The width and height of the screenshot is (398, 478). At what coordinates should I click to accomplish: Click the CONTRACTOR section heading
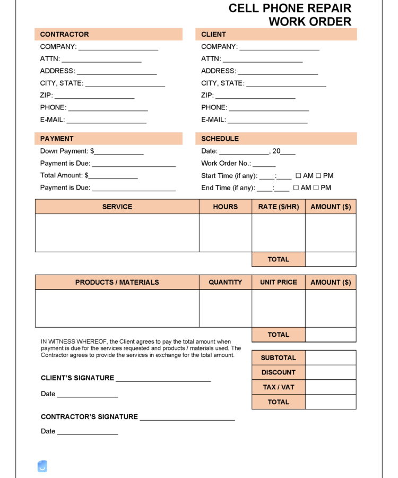click(64, 35)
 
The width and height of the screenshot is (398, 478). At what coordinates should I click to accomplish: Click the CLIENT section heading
click(213, 35)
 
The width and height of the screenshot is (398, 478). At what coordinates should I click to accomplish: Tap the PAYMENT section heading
click(57, 139)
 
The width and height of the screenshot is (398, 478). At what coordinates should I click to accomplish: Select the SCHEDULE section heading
click(220, 139)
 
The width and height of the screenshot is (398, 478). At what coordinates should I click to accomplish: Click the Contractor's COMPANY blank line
click(118, 47)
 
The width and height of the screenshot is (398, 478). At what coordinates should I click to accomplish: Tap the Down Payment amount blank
click(119, 152)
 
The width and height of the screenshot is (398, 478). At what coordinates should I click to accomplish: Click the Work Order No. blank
click(264, 164)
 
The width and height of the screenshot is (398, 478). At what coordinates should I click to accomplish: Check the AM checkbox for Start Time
click(298, 176)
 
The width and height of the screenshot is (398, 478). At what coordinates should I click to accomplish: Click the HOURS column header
click(225, 207)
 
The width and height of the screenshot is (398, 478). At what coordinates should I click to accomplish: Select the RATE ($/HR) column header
click(278, 207)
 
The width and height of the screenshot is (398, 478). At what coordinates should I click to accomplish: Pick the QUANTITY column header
click(225, 282)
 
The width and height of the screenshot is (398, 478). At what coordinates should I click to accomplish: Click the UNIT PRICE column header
click(278, 282)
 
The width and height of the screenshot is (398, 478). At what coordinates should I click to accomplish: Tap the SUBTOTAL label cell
click(278, 358)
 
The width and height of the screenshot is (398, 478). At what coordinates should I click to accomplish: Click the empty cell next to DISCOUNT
click(330, 372)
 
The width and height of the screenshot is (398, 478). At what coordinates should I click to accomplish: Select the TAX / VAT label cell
click(278, 387)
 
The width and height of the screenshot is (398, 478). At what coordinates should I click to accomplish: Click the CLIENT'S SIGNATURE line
click(163, 379)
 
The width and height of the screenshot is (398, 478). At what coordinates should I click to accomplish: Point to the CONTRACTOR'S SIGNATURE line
click(187, 417)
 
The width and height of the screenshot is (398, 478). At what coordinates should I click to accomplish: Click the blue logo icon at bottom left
click(42, 466)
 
